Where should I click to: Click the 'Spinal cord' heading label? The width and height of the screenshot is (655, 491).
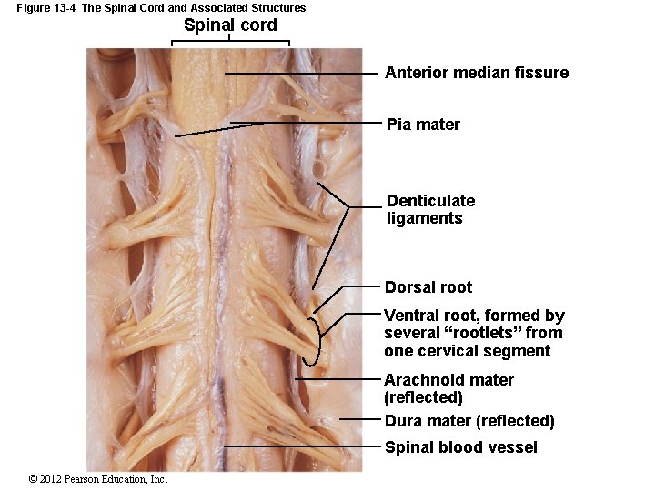(230, 25)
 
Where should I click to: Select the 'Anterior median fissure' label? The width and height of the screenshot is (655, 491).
(477, 73)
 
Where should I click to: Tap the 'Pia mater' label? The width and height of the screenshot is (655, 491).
(423, 125)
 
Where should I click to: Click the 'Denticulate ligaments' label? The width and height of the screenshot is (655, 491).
(430, 209)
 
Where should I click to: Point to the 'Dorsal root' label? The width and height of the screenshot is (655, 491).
(428, 287)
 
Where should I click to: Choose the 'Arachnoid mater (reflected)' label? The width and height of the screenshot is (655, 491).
(448, 388)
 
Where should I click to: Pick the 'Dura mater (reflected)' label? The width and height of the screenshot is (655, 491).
(469, 421)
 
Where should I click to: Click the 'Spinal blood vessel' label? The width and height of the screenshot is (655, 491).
(460, 446)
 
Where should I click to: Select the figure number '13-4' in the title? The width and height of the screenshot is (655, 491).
(65, 8)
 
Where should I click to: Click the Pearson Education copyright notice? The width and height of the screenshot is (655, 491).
(98, 479)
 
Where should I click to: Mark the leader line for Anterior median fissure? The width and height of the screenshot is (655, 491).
(300, 74)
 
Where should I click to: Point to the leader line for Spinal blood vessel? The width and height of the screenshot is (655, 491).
(300, 446)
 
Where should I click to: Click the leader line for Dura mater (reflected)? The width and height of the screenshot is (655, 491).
(359, 419)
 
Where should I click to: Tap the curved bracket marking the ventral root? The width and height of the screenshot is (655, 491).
(320, 341)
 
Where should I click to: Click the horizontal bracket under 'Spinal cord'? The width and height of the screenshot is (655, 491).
(231, 40)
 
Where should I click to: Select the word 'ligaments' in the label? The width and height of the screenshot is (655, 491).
(424, 218)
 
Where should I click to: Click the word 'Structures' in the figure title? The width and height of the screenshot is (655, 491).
(277, 8)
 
